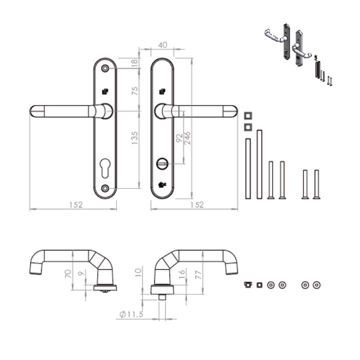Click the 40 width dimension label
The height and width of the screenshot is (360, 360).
coord(162,45)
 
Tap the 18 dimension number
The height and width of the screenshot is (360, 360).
coord(135,62)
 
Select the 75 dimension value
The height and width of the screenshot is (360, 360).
coord(135,91)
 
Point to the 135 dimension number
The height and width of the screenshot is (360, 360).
coord(135,138)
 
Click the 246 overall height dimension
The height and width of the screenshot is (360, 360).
coord(187,138)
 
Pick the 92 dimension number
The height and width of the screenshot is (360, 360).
coord(179,138)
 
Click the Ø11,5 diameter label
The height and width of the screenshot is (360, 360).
coord(131,314)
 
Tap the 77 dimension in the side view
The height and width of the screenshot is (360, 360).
coord(198,274)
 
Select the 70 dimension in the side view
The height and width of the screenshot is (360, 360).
coord(68,274)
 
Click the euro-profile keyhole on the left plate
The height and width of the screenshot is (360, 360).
coord(105,168)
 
